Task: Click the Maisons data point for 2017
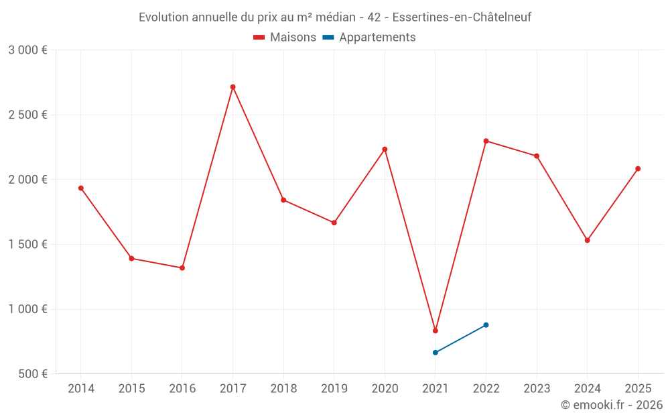click(x=232, y=87)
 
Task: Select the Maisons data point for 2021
click(x=435, y=331)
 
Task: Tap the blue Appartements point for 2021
click(x=435, y=353)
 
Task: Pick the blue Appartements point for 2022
click(x=486, y=325)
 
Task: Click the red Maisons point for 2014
click(x=81, y=188)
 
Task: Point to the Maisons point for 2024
click(x=588, y=240)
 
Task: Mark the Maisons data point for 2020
click(x=385, y=149)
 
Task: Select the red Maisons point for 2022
click(x=486, y=141)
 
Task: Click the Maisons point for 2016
click(x=182, y=268)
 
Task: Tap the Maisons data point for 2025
click(x=638, y=169)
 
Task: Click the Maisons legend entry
click(x=285, y=38)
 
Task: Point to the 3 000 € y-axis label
click(x=27, y=50)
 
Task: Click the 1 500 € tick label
click(x=27, y=245)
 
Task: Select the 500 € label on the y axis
click(x=33, y=374)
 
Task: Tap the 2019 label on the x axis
click(x=334, y=389)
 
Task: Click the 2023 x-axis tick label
click(x=537, y=389)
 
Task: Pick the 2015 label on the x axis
click(x=131, y=389)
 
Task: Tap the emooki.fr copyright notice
click(x=611, y=405)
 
